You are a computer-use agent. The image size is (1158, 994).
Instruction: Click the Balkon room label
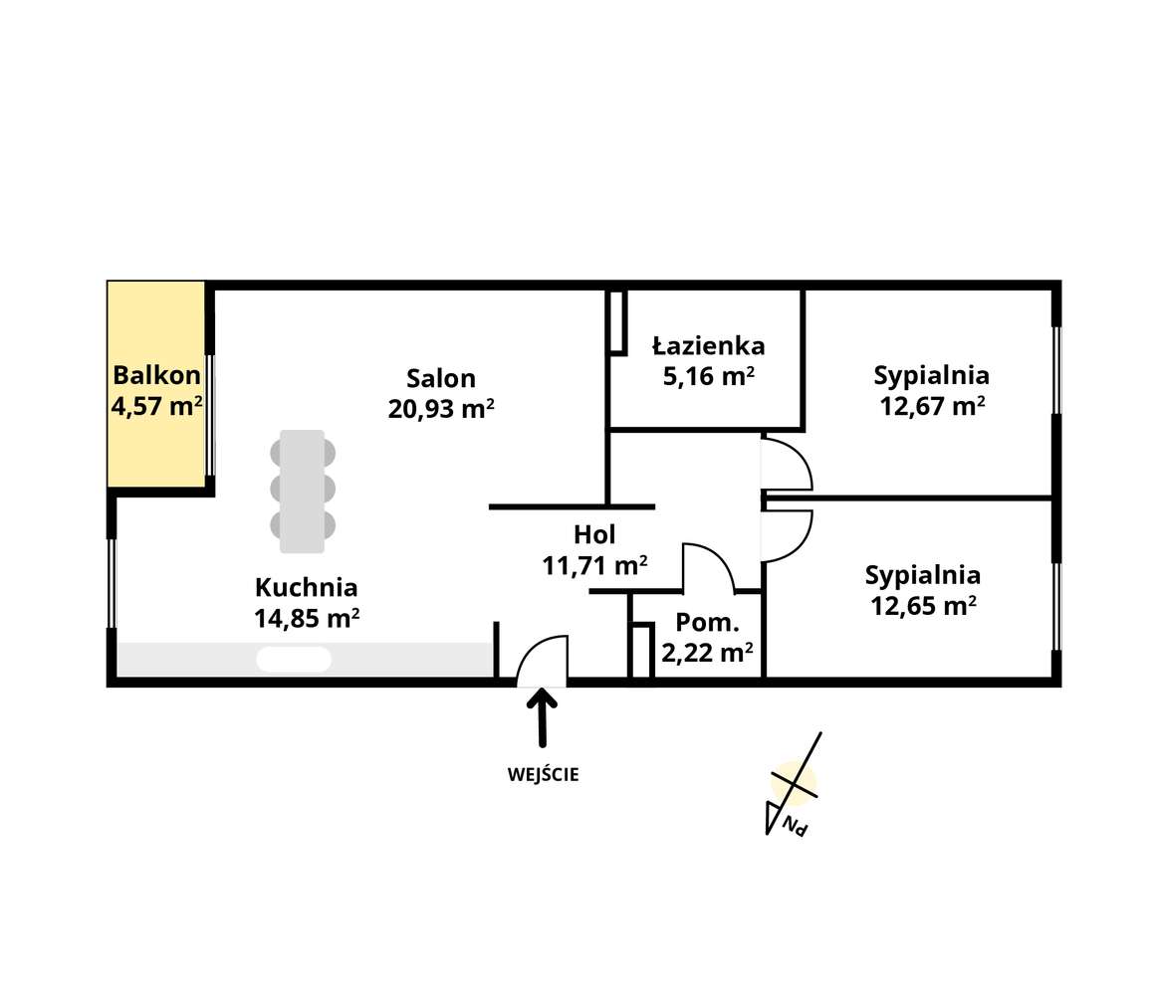point(156,375)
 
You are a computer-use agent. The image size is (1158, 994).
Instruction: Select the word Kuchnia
point(306,586)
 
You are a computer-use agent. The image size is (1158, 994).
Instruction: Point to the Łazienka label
point(708,345)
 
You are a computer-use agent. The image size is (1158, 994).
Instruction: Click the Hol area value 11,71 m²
point(594,565)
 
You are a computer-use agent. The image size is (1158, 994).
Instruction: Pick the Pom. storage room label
point(707,623)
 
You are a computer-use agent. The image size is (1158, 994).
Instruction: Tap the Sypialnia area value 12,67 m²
point(932,405)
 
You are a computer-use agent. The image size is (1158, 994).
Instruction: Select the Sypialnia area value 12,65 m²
point(923,605)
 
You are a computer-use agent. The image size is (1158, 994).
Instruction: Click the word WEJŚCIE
point(543,774)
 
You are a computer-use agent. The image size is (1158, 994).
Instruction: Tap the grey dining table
point(302,491)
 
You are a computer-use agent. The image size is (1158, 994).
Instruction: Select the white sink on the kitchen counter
point(294,659)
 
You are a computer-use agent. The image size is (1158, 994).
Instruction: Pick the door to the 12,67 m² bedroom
point(788,465)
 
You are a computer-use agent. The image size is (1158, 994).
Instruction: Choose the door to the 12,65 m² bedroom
point(788,535)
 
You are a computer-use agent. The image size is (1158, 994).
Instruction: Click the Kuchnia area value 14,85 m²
point(306,618)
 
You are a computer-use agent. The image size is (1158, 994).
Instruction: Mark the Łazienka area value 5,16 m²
point(708,376)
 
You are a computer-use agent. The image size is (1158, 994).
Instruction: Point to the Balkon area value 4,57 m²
point(156,406)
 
